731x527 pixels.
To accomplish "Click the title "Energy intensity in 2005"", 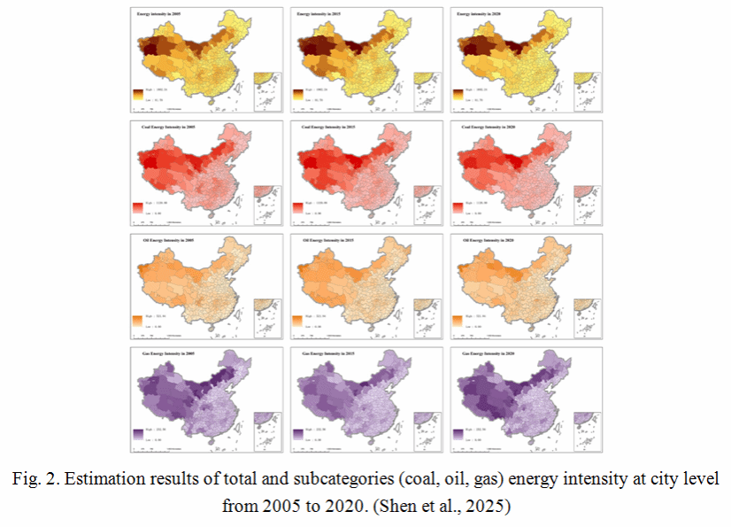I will [x=159, y=15].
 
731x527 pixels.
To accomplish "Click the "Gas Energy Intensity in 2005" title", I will [x=163, y=353].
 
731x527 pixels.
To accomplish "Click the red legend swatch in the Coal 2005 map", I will [x=138, y=208].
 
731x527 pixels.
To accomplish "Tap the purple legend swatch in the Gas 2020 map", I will [x=458, y=434].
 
